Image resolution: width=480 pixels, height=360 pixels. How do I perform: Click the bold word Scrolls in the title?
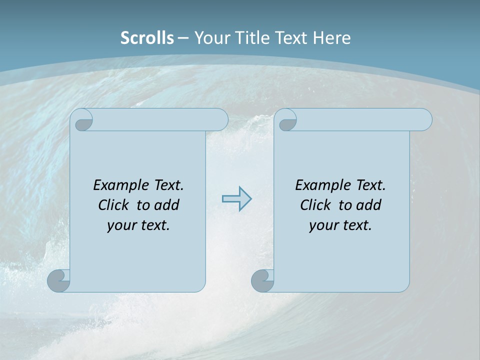[147, 38]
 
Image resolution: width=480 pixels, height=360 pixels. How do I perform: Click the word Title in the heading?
[251, 38]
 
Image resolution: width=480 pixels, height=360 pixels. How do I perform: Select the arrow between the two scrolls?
[236, 199]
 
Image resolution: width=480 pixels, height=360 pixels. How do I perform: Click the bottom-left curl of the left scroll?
[59, 280]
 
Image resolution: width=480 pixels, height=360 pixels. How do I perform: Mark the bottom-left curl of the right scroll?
[262, 280]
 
